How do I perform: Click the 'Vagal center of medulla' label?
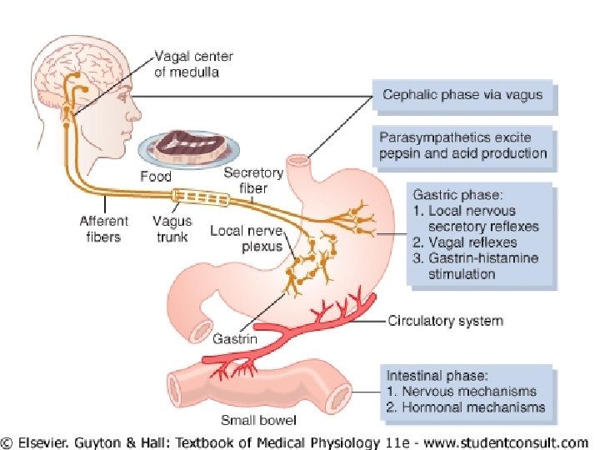[x=195, y=64]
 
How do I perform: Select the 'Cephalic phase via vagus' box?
[x=462, y=95]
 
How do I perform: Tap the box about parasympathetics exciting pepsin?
[x=462, y=144]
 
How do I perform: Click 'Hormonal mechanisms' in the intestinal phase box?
[x=473, y=407]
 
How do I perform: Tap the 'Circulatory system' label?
[x=445, y=321]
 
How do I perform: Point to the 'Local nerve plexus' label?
[x=246, y=237]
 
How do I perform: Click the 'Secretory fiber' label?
[x=253, y=180]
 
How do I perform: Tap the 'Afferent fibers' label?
[x=103, y=229]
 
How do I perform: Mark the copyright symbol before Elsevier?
[x=11, y=442]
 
